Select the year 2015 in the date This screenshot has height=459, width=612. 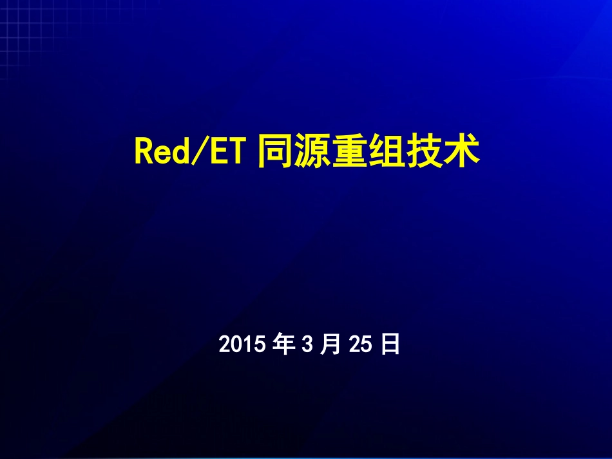coord(242,345)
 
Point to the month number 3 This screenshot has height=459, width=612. coord(307,345)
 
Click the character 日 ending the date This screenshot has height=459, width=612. coord(390,345)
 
